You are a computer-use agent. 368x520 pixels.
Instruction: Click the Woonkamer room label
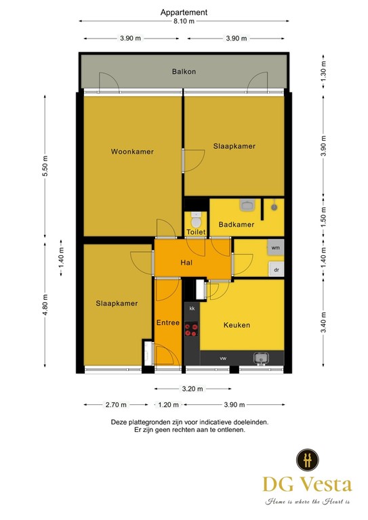click(132, 152)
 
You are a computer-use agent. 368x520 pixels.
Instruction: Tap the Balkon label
click(183, 70)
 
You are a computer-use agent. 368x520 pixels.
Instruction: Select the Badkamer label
click(236, 224)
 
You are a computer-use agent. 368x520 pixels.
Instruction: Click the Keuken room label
click(237, 325)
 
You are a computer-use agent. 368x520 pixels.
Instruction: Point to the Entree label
click(167, 323)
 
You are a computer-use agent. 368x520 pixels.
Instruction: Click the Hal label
click(187, 263)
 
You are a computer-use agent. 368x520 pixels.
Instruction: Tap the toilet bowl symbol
click(196, 221)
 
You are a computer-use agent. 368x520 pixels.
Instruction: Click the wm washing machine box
click(275, 248)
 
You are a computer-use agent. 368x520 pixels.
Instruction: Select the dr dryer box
click(276, 269)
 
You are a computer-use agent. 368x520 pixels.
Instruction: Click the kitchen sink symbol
click(260, 357)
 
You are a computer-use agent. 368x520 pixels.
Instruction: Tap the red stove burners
click(192, 330)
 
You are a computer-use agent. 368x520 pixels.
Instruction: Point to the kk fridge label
click(192, 309)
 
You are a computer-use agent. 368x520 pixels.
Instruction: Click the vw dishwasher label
click(222, 357)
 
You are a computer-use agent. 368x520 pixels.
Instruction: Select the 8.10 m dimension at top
click(184, 21)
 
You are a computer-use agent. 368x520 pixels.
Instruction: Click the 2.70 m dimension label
click(116, 405)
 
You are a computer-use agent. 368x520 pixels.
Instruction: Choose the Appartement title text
click(184, 12)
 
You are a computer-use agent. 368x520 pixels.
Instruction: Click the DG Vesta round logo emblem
click(308, 458)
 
